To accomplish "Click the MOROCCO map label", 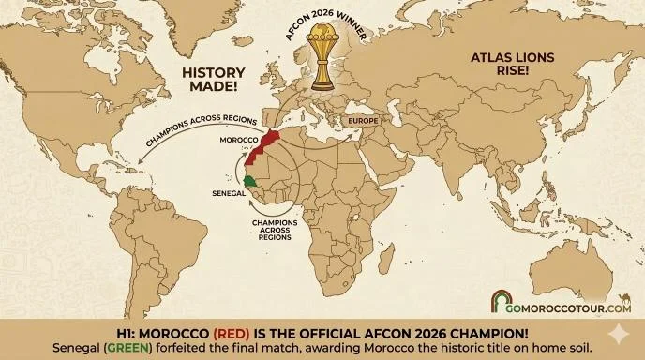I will [x=237, y=140].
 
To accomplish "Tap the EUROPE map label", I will [x=363, y=121].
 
